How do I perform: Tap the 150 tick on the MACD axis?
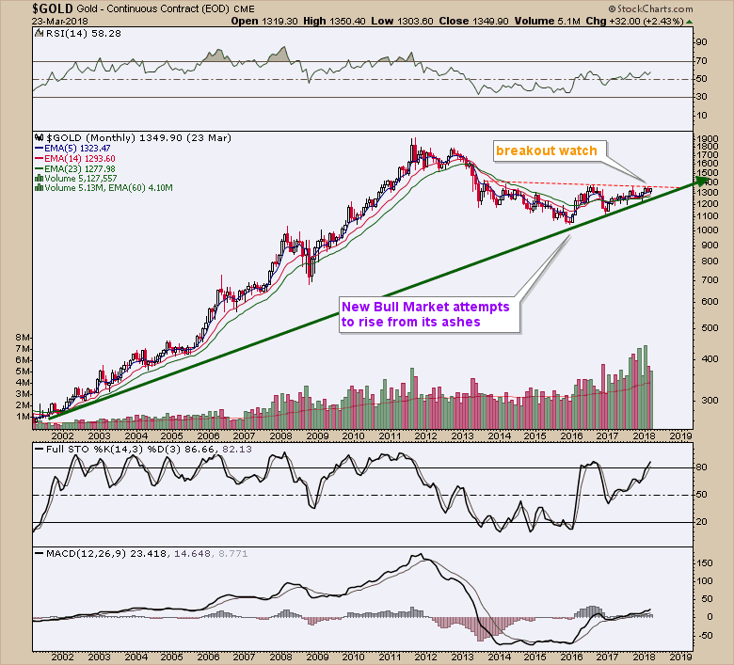704,562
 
